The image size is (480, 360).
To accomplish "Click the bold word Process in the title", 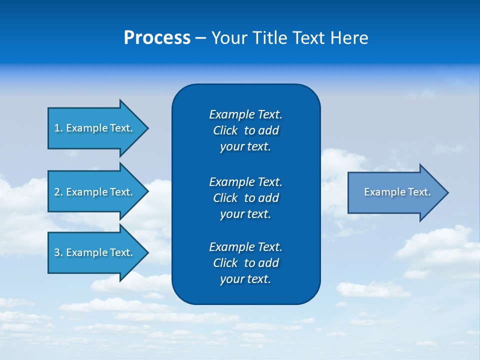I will pyautogui.click(x=157, y=38).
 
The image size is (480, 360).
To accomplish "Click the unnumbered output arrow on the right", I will pyautogui.click(x=395, y=192).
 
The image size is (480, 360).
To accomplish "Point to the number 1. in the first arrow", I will pyautogui.click(x=58, y=128).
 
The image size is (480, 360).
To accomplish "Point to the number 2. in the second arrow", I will pyautogui.click(x=58, y=192).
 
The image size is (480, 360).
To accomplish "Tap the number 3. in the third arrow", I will pyautogui.click(x=58, y=252).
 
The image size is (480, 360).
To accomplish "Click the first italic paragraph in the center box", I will pyautogui.click(x=245, y=130).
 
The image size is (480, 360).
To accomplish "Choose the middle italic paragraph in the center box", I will pyautogui.click(x=245, y=197).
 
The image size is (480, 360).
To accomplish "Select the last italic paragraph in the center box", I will pyautogui.click(x=245, y=263).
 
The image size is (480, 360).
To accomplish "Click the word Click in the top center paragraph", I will pyautogui.click(x=225, y=130).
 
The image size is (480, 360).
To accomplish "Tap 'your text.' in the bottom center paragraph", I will pyautogui.click(x=245, y=279).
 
